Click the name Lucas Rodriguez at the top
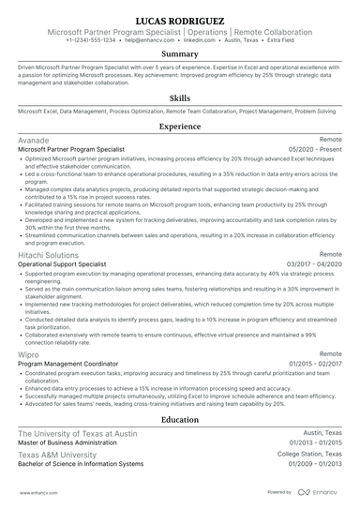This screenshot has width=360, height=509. (x=180, y=19)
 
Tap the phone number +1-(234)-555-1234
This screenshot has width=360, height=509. (x=91, y=41)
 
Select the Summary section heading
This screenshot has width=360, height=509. (x=180, y=54)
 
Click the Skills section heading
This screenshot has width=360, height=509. (x=180, y=97)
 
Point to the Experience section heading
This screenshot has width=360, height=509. (x=180, y=126)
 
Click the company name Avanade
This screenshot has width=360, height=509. (x=35, y=139)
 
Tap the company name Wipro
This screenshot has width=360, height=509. (x=30, y=354)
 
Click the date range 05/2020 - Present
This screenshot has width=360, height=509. (x=315, y=148)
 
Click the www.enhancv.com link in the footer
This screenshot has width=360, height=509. (x=36, y=491)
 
